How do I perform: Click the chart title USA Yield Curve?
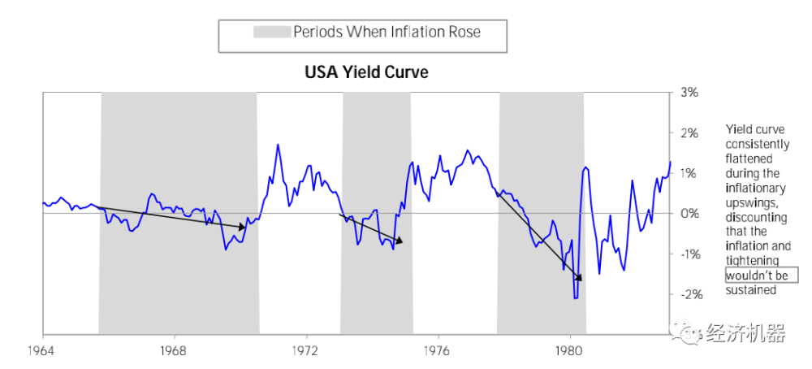[366, 72]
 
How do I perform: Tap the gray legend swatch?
[272, 33]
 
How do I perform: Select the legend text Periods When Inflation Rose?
[387, 33]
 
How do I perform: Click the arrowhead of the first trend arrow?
[242, 227]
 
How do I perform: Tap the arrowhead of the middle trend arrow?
[398, 241]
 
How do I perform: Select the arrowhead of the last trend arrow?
[578, 278]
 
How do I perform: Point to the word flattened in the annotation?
[749, 158]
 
